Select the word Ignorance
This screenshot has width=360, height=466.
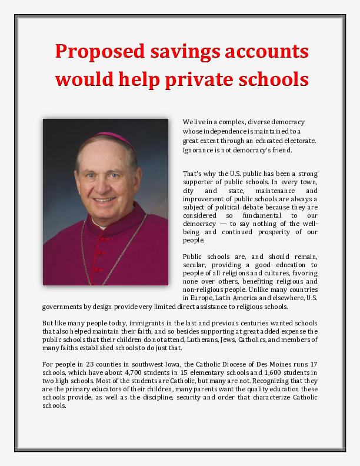click(x=199, y=150)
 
